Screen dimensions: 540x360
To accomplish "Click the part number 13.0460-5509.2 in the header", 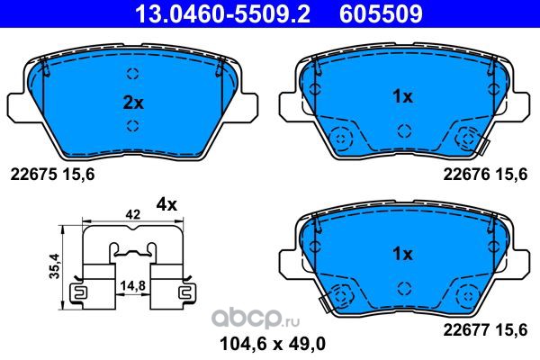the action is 223,13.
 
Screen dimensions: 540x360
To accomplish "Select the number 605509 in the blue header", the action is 381,13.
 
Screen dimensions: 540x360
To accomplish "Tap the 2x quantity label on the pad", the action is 133,103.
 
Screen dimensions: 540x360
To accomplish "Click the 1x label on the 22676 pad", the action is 402,97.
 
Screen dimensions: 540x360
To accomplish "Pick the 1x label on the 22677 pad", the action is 402,254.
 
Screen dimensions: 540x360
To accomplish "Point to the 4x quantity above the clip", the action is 166,205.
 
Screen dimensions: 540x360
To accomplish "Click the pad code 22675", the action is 33,175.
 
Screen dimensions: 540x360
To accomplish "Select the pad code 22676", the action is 466,175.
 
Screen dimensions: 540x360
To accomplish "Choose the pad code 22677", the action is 466,330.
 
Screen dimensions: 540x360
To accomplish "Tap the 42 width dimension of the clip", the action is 133,214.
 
